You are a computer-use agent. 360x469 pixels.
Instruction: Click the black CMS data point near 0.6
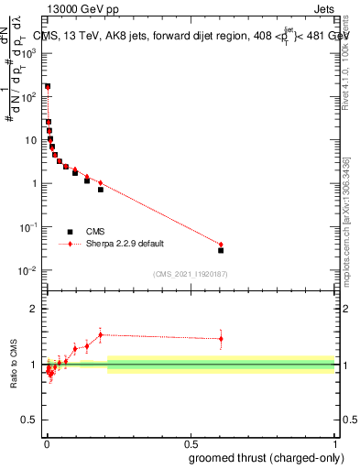pyautogui.click(x=221, y=250)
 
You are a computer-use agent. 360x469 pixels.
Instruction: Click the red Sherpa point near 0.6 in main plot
pyautogui.click(x=221, y=245)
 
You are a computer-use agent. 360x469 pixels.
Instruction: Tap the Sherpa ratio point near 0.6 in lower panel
pyautogui.click(x=221, y=339)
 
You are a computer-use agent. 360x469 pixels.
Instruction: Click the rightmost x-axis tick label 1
pyautogui.click(x=335, y=444)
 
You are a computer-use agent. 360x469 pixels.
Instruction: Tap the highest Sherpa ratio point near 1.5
pyautogui.click(x=101, y=334)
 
